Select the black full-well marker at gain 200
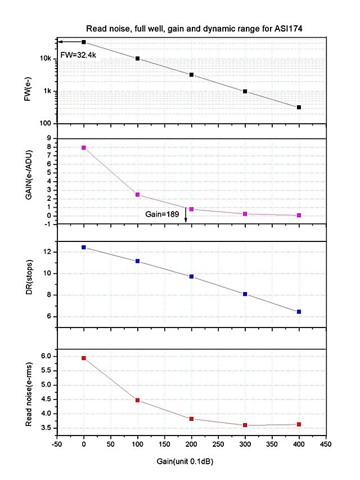tap(191, 74)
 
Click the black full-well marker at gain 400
tap(299, 107)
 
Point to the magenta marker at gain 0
tap(84, 147)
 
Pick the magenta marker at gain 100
tap(138, 195)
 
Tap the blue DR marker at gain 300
tap(245, 294)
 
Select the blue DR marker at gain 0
tap(84, 247)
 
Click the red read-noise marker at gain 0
tap(84, 358)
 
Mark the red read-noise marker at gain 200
tap(191, 419)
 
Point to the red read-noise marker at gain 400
tap(299, 424)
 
